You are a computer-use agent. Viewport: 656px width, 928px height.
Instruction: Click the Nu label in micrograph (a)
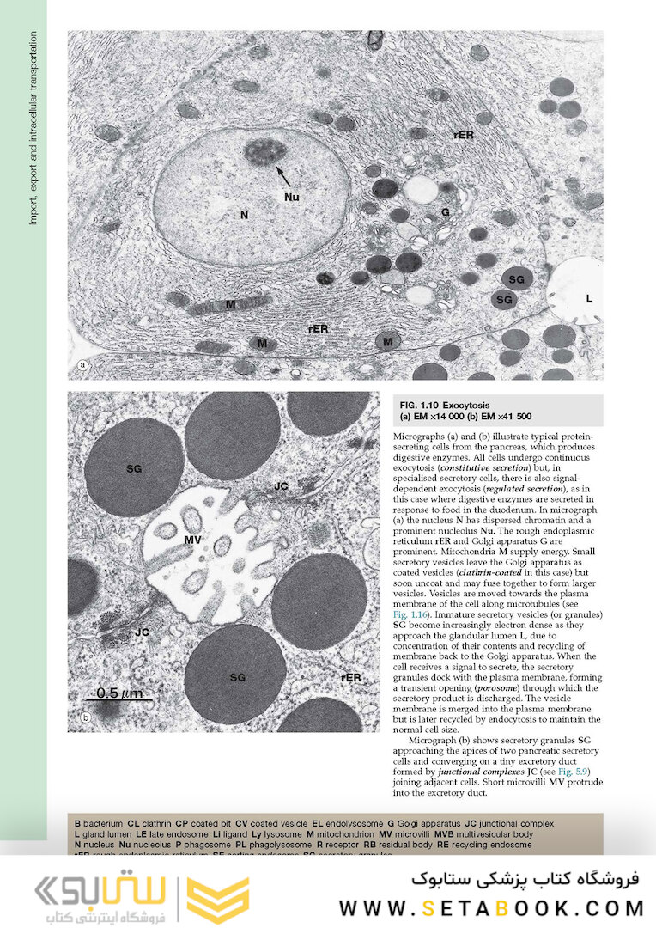click(291, 197)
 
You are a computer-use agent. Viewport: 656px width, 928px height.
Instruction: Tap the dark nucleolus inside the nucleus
click(264, 152)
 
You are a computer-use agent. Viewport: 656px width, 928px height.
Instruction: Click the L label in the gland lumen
click(589, 298)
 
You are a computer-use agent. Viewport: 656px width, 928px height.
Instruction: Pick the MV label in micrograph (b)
click(193, 540)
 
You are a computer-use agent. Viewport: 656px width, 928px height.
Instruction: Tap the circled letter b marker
click(84, 718)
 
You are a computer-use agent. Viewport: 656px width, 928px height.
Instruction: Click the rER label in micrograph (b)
click(350, 676)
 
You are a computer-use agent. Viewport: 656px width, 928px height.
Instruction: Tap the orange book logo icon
click(218, 900)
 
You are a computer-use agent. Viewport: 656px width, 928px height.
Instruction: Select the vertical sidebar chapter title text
click(33, 129)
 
